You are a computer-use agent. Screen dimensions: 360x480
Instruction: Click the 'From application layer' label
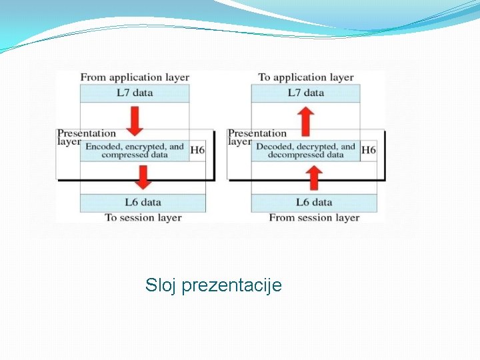(135, 77)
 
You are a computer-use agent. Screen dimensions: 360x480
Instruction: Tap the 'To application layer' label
(305, 77)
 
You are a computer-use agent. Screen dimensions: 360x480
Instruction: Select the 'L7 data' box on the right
(305, 93)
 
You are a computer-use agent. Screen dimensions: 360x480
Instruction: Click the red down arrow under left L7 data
(135, 120)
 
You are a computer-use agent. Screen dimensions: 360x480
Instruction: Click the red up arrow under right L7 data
(306, 120)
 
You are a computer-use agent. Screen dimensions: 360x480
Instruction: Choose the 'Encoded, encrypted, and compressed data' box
(135, 151)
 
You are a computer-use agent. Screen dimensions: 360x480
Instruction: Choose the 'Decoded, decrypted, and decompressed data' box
(305, 151)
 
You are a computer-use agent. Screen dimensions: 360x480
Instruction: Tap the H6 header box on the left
(197, 151)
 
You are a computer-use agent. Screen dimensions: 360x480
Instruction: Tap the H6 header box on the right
(369, 151)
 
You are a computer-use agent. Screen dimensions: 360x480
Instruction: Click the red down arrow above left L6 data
(143, 178)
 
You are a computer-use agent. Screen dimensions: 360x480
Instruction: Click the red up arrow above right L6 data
(314, 178)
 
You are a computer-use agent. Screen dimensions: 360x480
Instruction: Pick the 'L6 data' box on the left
(143, 202)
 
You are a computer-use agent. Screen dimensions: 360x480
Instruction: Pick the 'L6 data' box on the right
(313, 202)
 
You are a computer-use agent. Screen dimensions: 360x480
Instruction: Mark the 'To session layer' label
(143, 217)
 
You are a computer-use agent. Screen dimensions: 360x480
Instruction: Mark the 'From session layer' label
(314, 217)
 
